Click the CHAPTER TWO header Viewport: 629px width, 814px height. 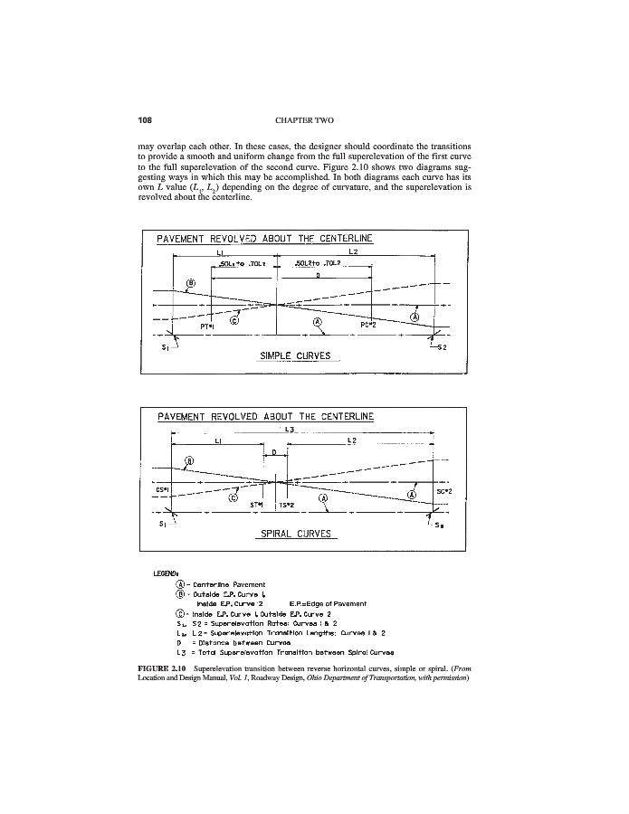(x=314, y=118)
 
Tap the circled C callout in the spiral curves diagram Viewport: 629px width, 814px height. (x=233, y=497)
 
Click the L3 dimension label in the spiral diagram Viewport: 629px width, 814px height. (x=290, y=429)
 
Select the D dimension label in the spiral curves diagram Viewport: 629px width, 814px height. (x=274, y=450)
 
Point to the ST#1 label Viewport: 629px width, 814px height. (x=258, y=505)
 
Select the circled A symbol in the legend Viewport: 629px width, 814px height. (x=180, y=585)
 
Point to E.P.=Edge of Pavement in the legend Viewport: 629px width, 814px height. (x=326, y=603)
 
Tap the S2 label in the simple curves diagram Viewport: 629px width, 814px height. (x=443, y=346)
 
